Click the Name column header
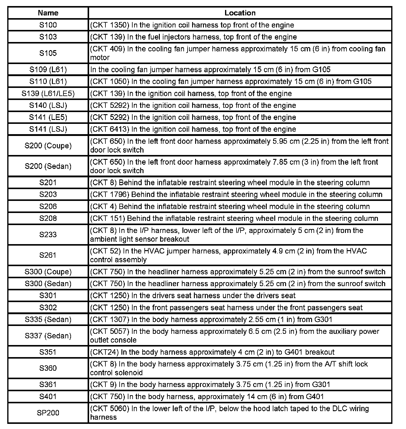[48, 13]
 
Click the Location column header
[240, 13]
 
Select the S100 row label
[48, 25]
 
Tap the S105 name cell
[48, 53]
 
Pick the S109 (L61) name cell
[48, 70]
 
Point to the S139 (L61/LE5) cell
[48, 94]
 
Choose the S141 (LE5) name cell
[48, 118]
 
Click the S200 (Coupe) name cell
[48, 146]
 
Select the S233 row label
[48, 235]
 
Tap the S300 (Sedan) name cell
[48, 284]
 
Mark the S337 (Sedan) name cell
[48, 336]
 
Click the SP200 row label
[48, 413]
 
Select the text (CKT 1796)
[109, 195]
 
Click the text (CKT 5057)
[109, 332]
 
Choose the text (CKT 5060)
[109, 409]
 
